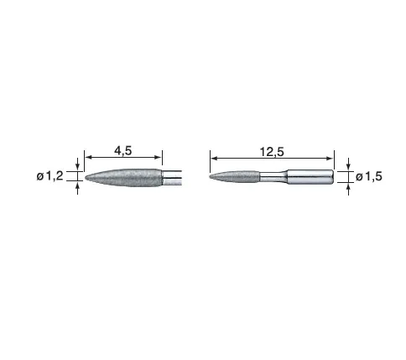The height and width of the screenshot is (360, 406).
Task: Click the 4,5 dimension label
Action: pyautogui.click(x=122, y=151)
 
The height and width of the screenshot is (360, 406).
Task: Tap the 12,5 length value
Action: pyautogui.click(x=272, y=152)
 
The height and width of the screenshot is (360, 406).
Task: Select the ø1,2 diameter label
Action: pyautogui.click(x=49, y=176)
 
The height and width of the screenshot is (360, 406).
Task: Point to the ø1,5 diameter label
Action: pyautogui.click(x=369, y=177)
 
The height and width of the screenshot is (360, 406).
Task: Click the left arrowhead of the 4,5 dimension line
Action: pyautogui.click(x=88, y=157)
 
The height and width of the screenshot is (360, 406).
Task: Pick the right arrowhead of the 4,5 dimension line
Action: pyautogui.click(x=159, y=157)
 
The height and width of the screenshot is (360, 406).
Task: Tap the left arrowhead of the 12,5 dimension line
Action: pyautogui.click(x=214, y=159)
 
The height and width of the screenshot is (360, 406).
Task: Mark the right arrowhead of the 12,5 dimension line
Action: pyautogui.click(x=331, y=159)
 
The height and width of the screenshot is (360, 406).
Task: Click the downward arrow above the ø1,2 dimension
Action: pyautogui.click(x=77, y=164)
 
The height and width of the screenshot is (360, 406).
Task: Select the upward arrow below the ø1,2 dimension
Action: pyautogui.click(x=77, y=188)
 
